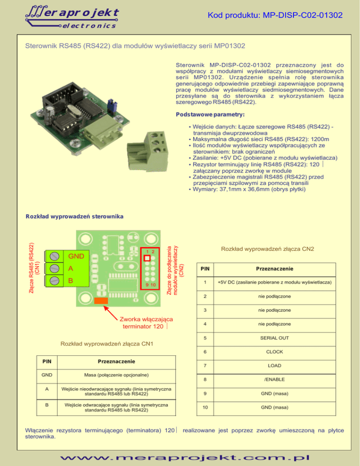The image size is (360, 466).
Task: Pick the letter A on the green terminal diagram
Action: tap(71, 269)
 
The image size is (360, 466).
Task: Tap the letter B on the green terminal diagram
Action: tap(71, 281)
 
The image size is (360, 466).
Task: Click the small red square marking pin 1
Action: tap(147, 258)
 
